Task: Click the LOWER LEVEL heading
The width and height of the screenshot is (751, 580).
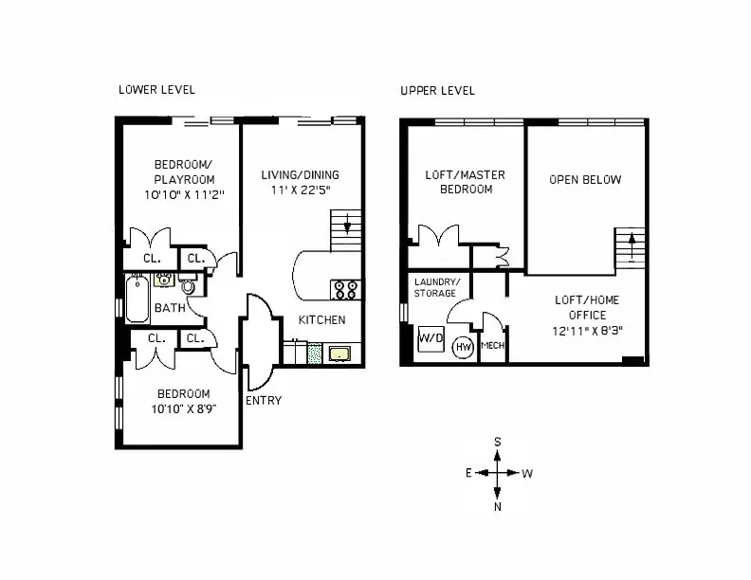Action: [x=156, y=91]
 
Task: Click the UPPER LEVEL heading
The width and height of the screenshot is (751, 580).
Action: [x=437, y=91]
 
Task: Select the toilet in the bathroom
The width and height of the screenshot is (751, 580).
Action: [x=187, y=285]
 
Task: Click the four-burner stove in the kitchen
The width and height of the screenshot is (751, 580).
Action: [x=343, y=288]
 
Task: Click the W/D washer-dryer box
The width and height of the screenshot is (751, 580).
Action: [x=430, y=337]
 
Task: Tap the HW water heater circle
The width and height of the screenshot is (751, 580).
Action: [x=464, y=348]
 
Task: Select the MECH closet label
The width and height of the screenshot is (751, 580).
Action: [x=493, y=346]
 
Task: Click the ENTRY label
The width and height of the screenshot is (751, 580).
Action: [x=263, y=400]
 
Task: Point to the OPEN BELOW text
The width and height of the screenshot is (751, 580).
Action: [x=585, y=180]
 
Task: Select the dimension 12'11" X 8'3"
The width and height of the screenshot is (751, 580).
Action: [x=587, y=332]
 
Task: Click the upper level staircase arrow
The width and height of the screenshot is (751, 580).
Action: [x=631, y=248]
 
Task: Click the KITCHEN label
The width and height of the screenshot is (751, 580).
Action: [x=321, y=320]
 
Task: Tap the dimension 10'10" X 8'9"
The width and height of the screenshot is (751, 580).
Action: [x=183, y=411]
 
